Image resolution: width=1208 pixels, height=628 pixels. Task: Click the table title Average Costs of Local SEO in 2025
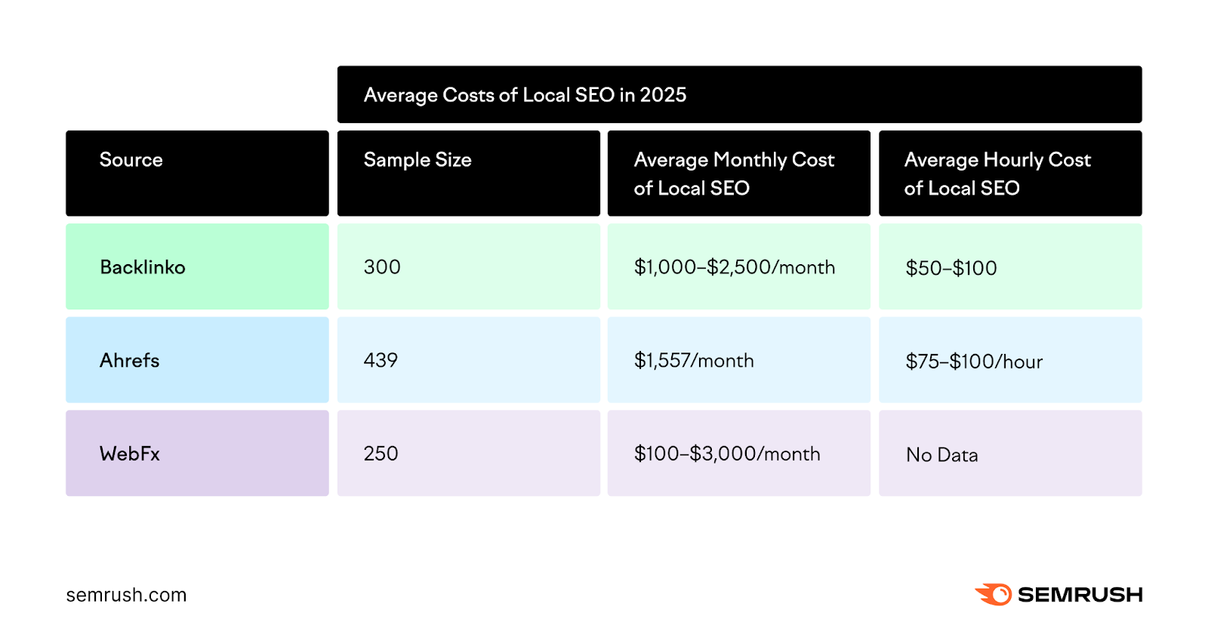pos(525,95)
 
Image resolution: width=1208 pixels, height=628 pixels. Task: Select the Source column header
pos(131,160)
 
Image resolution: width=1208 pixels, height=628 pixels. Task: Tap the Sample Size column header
pos(418,160)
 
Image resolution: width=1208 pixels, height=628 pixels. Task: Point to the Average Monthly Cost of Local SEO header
pos(734,174)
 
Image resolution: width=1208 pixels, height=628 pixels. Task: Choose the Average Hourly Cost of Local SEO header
pos(997,174)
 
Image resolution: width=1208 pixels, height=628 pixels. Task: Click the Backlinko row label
pos(143,267)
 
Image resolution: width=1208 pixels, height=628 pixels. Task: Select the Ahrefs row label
pos(130,361)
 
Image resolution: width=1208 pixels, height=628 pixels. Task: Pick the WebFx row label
pos(130,454)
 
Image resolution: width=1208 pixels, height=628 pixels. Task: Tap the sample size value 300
pos(382,267)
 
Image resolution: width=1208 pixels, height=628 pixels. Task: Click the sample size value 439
pos(381,361)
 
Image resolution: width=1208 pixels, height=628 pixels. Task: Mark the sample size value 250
pos(381,454)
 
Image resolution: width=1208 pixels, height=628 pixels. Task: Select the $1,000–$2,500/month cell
pos(735,267)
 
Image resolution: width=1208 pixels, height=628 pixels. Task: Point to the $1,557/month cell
pos(694,361)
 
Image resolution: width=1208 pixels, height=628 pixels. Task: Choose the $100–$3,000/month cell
pos(727,454)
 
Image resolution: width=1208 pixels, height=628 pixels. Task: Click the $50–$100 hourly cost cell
pos(951,268)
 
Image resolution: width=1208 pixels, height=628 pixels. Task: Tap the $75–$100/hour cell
pos(974,362)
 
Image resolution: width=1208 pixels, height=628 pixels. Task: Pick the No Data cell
pos(941,455)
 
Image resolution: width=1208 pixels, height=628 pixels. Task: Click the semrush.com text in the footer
pos(126,595)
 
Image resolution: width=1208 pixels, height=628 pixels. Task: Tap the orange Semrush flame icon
pos(994,594)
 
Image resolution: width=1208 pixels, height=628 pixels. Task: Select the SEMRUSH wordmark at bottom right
pos(1080,595)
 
